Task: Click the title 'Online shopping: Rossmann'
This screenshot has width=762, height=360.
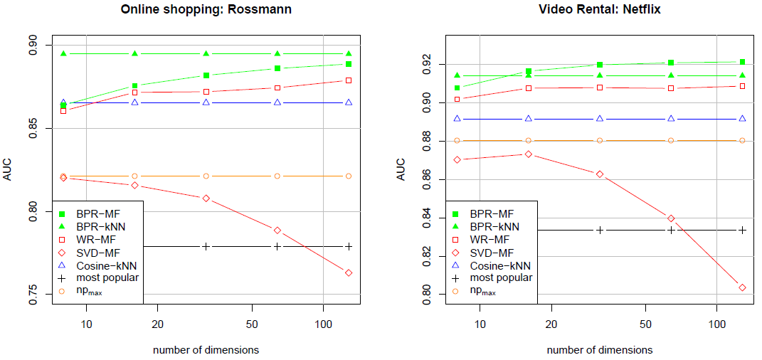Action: point(206,10)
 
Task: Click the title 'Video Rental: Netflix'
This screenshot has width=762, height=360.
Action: point(599,10)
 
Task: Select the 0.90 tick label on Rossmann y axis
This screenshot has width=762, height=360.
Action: point(34,46)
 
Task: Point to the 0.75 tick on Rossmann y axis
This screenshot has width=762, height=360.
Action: point(34,294)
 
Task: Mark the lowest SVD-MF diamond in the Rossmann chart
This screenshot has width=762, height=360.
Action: point(349,272)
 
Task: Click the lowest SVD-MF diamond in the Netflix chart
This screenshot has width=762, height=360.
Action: point(742,287)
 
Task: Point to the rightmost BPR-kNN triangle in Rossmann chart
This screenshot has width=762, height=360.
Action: point(349,53)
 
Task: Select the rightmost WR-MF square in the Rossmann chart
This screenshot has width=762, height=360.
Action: point(349,80)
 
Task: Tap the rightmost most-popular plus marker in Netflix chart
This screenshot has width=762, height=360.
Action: point(742,230)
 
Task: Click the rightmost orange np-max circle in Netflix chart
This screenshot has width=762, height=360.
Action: point(742,140)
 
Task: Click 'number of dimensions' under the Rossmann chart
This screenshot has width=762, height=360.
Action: point(206,350)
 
